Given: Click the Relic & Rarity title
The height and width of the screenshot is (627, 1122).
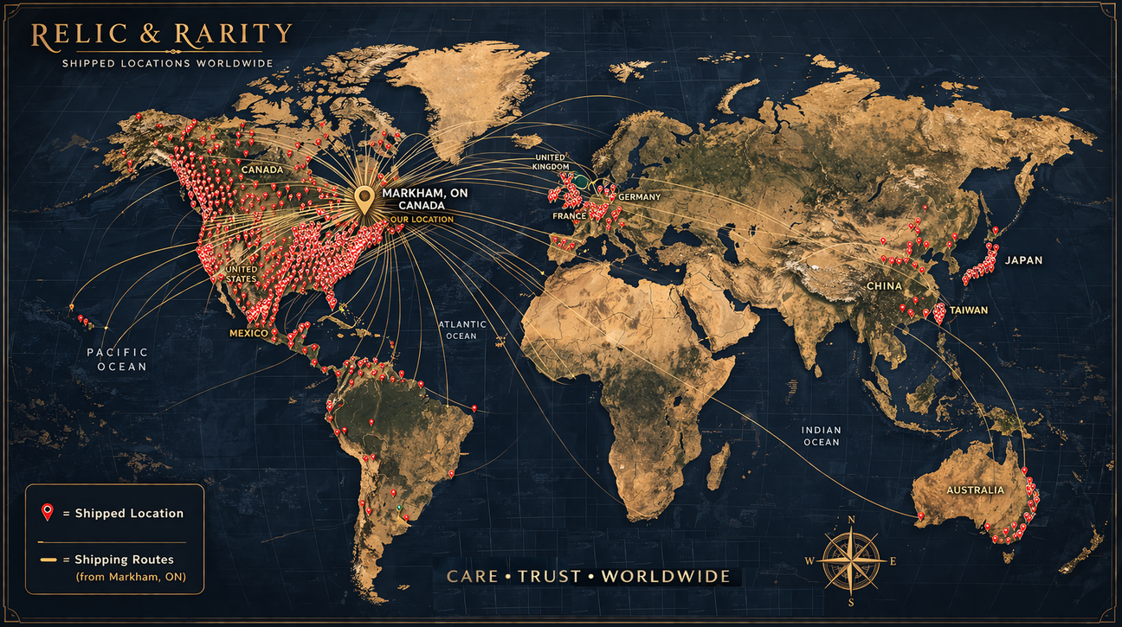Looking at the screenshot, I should point(161,35).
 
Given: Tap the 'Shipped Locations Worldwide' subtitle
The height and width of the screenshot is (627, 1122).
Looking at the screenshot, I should point(168,63).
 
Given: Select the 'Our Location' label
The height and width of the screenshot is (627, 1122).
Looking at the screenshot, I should point(422,220).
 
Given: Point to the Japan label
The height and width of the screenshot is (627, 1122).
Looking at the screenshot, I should point(1023,260).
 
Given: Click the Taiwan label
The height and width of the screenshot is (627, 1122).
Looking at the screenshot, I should point(968,310).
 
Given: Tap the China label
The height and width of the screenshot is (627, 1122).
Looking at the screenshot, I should point(884,286).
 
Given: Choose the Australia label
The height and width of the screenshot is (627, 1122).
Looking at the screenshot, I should point(975,490).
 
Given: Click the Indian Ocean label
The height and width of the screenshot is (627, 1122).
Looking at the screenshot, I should point(821,436).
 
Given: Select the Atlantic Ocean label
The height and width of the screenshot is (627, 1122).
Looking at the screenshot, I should point(462,329).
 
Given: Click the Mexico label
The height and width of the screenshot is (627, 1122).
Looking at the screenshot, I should point(248,333).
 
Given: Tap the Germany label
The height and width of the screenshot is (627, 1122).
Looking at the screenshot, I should point(639,197).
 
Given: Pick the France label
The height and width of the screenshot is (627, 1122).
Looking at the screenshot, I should point(570,216).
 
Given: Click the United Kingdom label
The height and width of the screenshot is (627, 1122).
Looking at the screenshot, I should point(551,162).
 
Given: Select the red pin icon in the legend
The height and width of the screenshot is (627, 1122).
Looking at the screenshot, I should point(48,512).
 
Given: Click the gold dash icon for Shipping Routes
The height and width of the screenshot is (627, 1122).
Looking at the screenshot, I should point(49,560).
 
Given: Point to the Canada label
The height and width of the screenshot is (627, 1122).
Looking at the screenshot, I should point(261,170).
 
